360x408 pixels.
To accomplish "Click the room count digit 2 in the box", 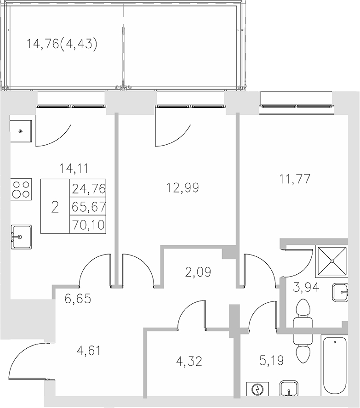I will pos(55,207).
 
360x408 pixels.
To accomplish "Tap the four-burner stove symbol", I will pos(21,188).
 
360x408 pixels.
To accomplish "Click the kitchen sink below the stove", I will pos(21,237).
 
